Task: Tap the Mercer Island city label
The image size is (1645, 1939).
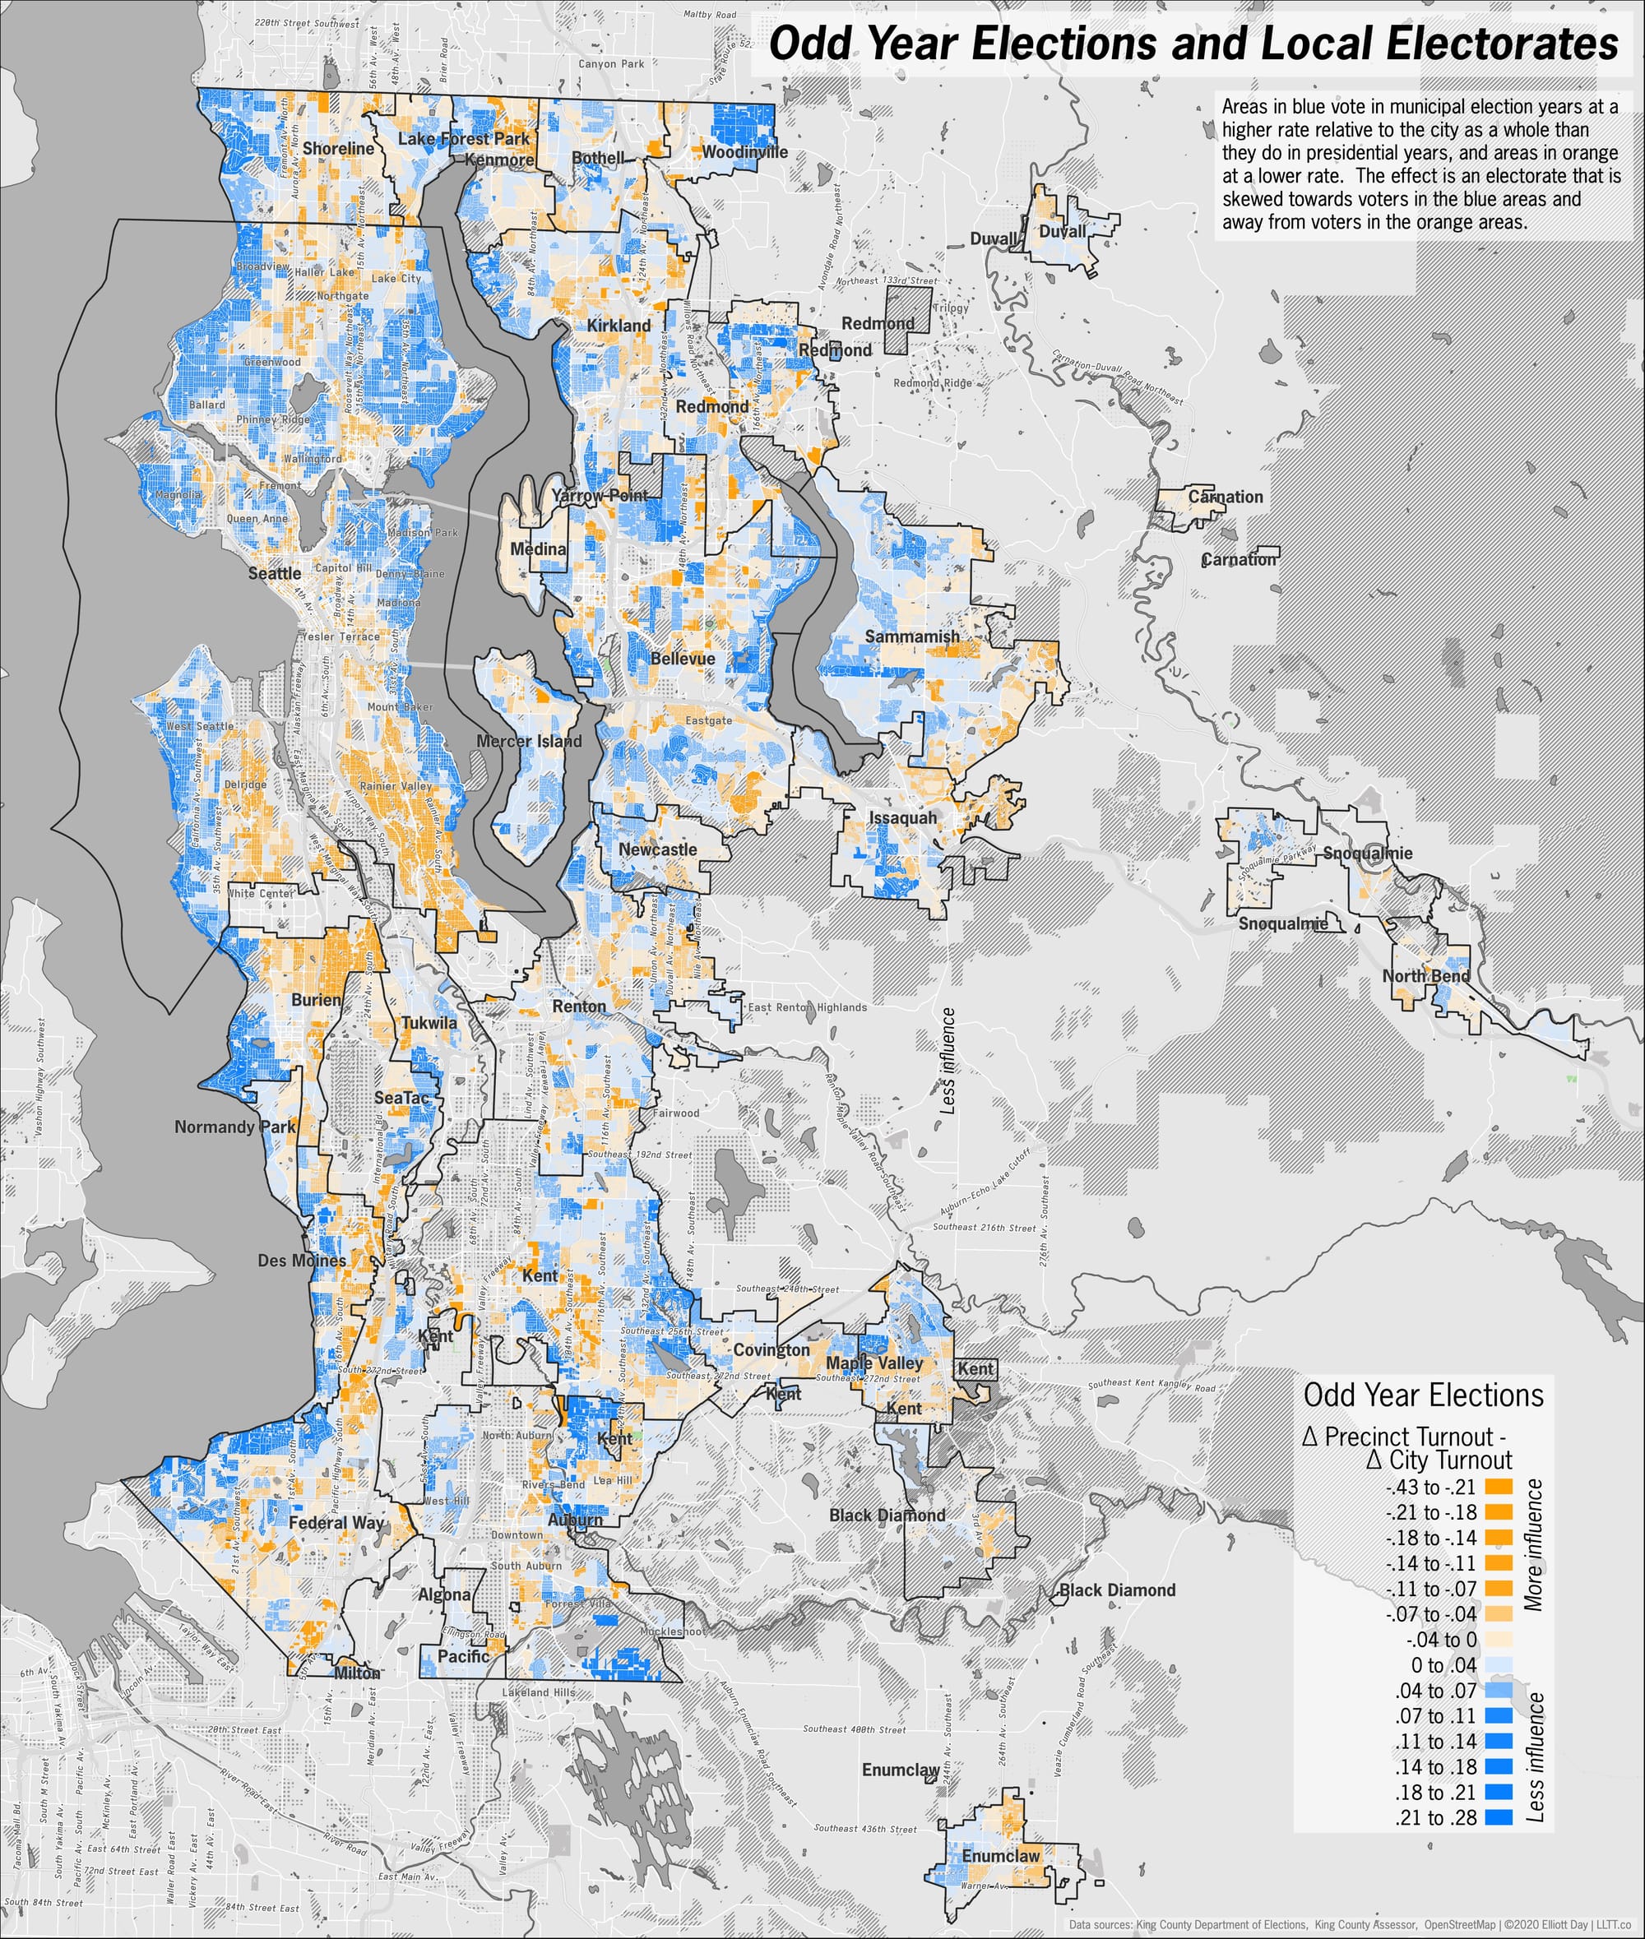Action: point(529,741)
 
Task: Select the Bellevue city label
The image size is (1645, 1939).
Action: point(683,658)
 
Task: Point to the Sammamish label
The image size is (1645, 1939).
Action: point(912,636)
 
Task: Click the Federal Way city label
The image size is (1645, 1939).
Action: point(336,1522)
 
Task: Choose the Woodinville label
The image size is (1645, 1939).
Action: point(744,152)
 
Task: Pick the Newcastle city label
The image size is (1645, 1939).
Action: point(657,849)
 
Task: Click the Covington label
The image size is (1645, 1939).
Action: point(772,1350)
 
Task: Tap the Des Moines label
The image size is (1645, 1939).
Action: point(301,1261)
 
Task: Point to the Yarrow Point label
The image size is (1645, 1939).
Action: point(599,495)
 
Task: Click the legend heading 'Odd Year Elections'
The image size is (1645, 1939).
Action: point(1423,1395)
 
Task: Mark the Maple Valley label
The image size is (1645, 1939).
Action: point(873,1363)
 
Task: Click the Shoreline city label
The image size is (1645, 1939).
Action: point(337,148)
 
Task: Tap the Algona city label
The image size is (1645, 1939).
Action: point(444,1595)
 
